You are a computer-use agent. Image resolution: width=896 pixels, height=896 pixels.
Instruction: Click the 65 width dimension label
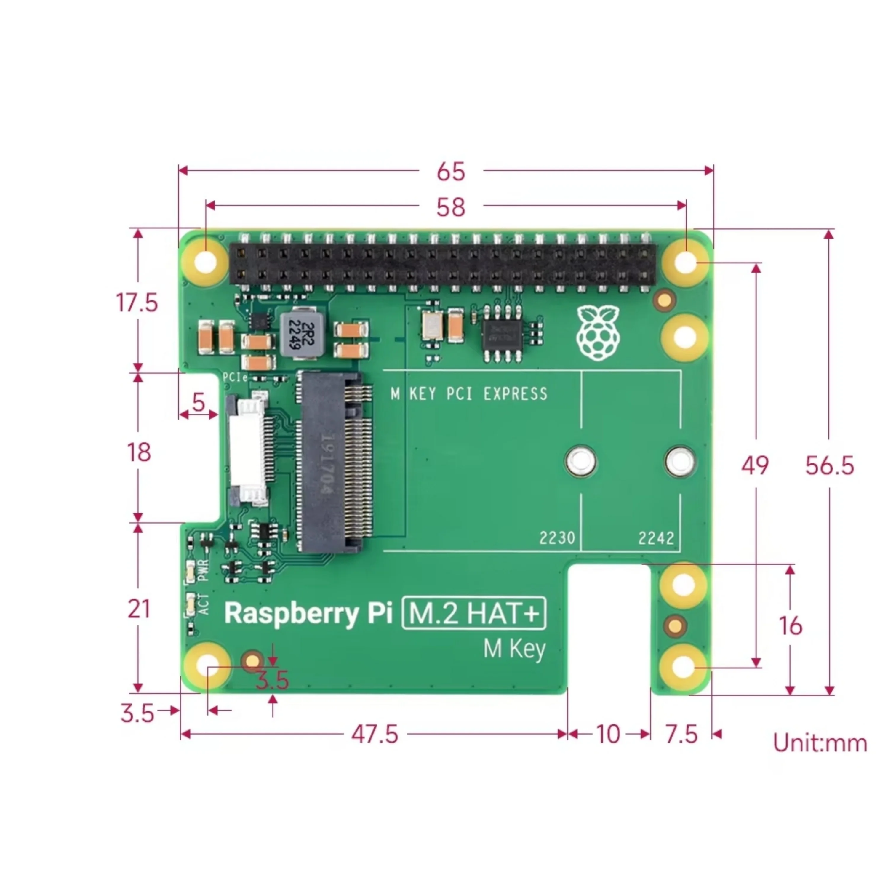(x=450, y=172)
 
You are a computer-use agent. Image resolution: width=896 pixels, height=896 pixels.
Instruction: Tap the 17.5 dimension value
(x=137, y=303)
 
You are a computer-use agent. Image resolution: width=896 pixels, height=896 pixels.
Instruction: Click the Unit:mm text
(x=820, y=743)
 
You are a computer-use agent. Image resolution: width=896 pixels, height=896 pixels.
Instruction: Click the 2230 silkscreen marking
(x=556, y=538)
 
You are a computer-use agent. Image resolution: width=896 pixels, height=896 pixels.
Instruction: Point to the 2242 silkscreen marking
(x=656, y=538)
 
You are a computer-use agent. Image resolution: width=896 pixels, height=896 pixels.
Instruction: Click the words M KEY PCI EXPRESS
(x=469, y=394)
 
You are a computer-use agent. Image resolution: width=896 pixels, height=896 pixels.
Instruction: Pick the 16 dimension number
(x=790, y=625)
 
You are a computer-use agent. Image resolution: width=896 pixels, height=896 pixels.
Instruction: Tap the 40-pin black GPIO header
(x=442, y=265)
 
